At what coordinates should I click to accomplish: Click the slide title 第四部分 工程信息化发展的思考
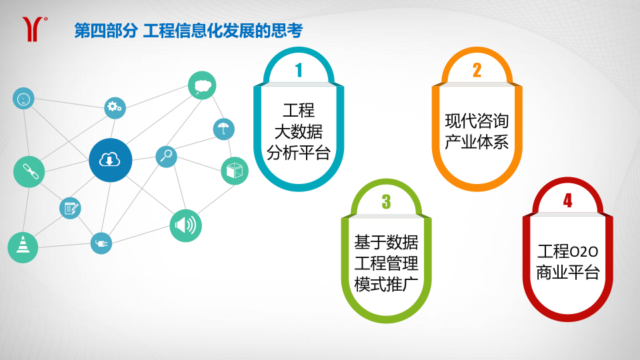coord(188,31)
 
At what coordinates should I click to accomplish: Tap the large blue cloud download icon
coord(110,160)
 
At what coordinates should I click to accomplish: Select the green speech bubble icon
coord(202,85)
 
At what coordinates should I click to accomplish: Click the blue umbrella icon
coord(224,129)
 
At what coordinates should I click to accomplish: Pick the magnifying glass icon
coord(166,156)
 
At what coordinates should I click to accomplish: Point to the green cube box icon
coord(235,171)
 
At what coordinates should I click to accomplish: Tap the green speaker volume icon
coord(186,225)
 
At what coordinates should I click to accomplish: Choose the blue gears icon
coord(115,108)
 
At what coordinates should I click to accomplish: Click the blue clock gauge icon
coord(23,99)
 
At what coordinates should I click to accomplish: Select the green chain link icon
coord(29,172)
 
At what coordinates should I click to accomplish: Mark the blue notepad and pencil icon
coord(70,208)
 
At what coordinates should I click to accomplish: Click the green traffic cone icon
coord(23,247)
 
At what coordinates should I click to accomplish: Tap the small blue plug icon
coord(101,243)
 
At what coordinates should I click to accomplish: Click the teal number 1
coord(299,70)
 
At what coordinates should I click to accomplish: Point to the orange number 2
coord(477,70)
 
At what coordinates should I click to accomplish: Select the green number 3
coord(386,201)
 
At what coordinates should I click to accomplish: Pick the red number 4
coord(568,201)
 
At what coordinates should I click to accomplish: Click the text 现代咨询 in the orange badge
coord(477,121)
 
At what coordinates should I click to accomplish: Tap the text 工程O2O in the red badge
coord(568,251)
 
